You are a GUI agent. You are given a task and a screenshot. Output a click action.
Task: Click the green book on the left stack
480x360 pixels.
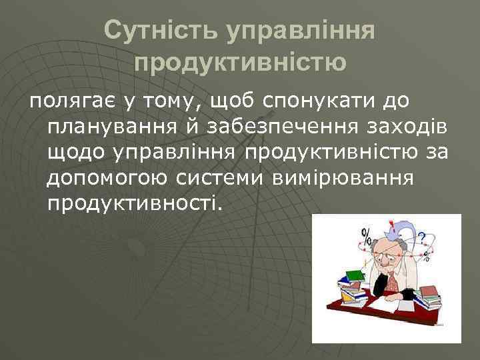pos(355,275)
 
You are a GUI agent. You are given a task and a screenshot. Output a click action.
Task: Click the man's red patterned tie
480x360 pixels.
pos(393,283)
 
